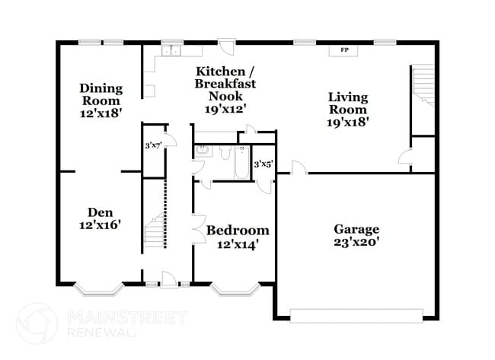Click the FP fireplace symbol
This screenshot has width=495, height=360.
344,50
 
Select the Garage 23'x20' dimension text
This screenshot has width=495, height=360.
356,243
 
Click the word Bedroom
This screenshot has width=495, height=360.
238,230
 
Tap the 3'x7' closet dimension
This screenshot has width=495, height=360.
154,145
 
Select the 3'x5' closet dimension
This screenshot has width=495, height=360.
263,164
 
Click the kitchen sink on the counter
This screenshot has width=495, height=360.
170,50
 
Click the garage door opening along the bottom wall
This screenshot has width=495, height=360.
356,314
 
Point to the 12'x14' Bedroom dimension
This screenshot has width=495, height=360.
238,244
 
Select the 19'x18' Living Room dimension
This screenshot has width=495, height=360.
348,122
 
